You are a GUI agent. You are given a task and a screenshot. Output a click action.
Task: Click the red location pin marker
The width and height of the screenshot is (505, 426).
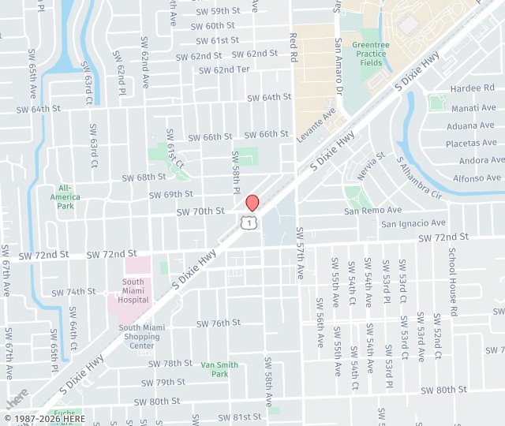click(252, 203)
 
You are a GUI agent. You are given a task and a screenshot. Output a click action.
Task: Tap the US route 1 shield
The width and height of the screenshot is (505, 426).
click(249, 223)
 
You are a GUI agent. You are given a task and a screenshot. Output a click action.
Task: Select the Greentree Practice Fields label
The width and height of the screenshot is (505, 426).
click(371, 54)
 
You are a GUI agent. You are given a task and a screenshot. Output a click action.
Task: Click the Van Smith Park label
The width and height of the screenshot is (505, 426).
click(219, 369)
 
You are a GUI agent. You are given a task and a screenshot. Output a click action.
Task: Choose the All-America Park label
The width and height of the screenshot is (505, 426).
click(65, 196)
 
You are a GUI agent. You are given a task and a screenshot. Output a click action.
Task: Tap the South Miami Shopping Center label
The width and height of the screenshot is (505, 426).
click(139, 337)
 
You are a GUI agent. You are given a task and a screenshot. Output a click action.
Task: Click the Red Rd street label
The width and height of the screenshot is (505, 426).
click(294, 47)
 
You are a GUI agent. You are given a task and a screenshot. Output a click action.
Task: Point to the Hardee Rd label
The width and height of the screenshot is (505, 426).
click(472, 89)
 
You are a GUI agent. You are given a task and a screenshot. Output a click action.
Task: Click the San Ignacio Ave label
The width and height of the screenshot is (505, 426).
click(413, 224)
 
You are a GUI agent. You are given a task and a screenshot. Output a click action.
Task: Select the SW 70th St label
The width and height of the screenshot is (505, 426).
click(200, 211)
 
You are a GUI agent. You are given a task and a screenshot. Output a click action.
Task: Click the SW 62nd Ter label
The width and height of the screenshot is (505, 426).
click(224, 69)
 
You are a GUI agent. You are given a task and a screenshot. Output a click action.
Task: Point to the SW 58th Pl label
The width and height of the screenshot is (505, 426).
click(235, 174)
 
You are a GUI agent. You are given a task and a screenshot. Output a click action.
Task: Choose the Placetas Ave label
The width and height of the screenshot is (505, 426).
click(471, 143)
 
